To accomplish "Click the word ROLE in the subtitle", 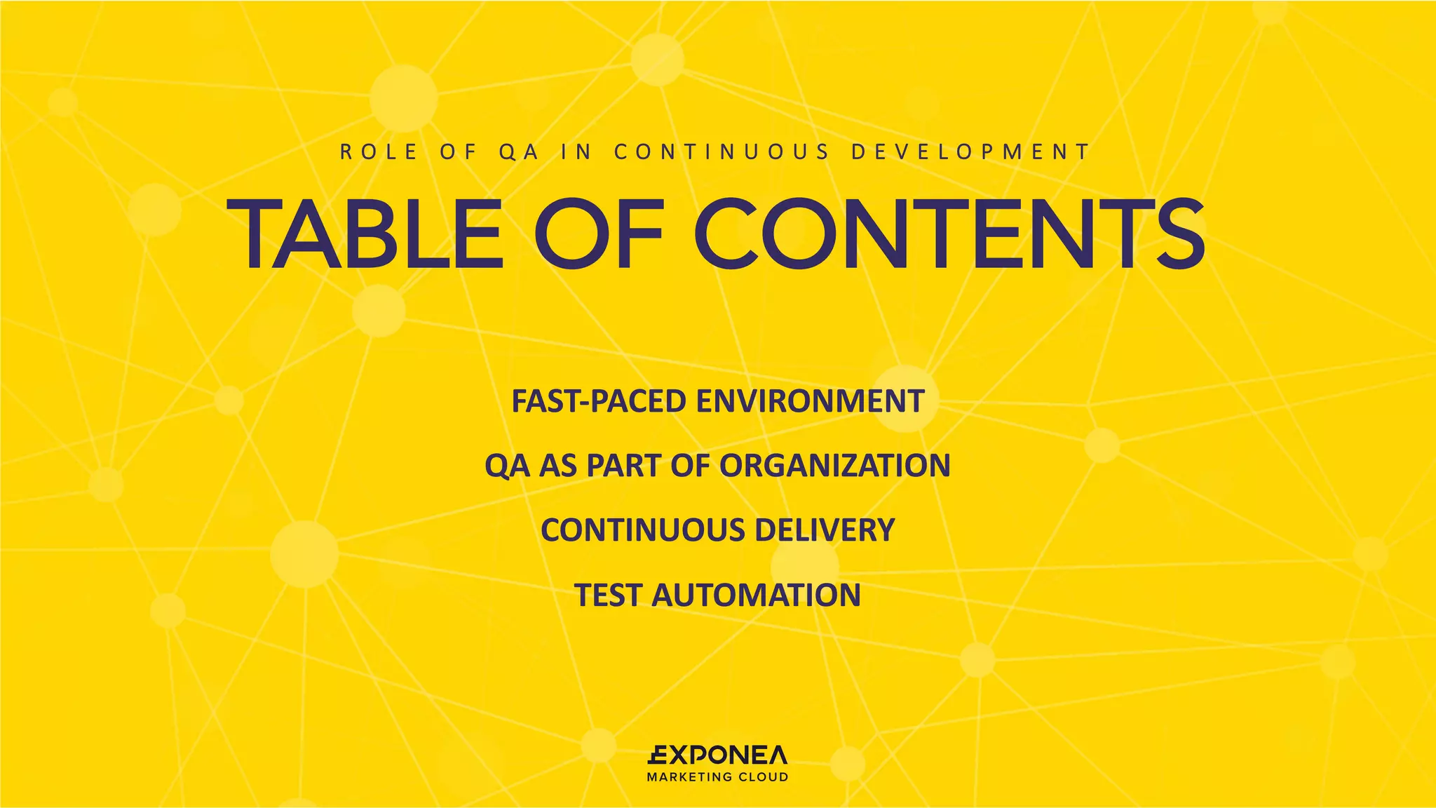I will point(379,152).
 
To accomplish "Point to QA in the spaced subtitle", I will point(520,152).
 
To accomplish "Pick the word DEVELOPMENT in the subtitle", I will point(971,152).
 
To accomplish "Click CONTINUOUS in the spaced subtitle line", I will point(722,152).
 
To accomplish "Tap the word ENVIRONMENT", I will point(810,401).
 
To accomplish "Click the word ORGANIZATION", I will point(834,466).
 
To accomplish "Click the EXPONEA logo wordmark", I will point(717,755).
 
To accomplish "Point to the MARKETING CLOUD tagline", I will point(717,777).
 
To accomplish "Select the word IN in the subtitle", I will point(576,152).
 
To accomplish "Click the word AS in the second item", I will point(558,466).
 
